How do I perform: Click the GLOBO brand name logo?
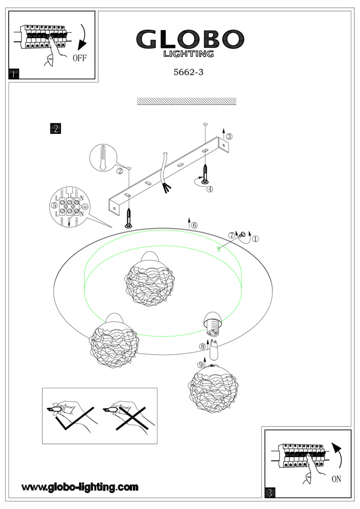[x=189, y=39]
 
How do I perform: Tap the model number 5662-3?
[x=188, y=72]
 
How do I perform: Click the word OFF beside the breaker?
[x=79, y=58]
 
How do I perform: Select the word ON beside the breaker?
[x=336, y=478]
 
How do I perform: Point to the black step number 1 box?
[x=14, y=74]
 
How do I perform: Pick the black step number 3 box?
[x=270, y=492]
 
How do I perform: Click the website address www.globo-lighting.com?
[x=80, y=487]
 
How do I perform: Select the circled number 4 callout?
[x=209, y=188]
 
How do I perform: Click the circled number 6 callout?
[x=194, y=225]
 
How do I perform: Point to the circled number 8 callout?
[x=202, y=347]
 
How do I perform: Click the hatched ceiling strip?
[x=187, y=101]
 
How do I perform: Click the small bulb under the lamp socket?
[x=214, y=350]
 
